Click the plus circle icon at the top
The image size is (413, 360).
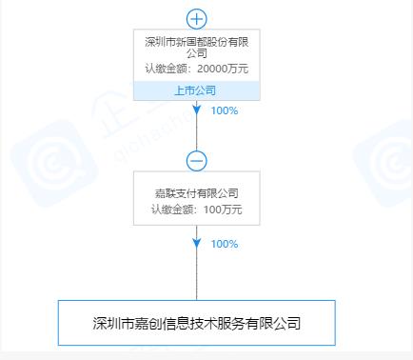coord(196,18)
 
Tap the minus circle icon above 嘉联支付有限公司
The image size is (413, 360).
coord(196,160)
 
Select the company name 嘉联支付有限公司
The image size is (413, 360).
coord(195,193)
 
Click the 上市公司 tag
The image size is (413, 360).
coord(195,90)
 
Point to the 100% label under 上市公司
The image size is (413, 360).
coord(225,110)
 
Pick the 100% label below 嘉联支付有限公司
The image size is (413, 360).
coord(225,244)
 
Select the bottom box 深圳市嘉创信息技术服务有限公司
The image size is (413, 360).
coord(197,323)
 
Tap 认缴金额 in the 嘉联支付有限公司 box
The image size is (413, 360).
coord(169,210)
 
